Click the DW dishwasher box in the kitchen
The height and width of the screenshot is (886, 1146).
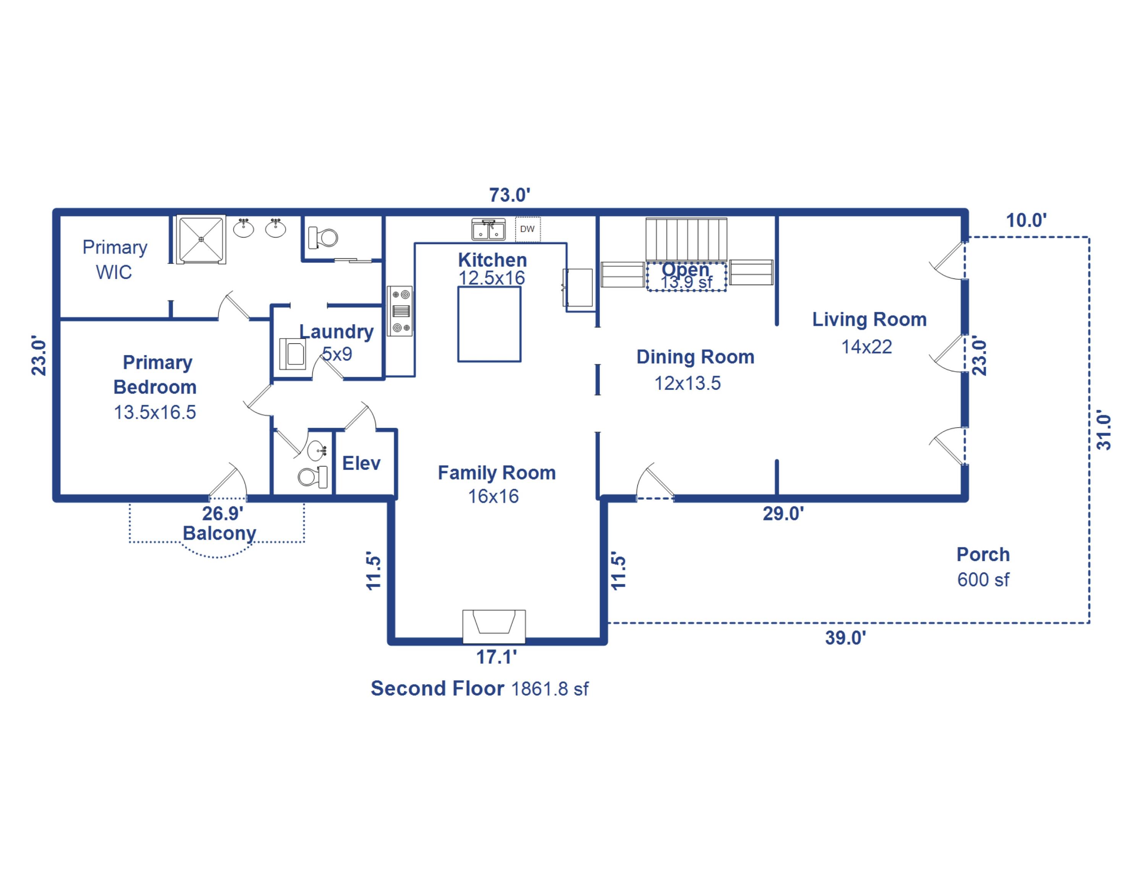(x=527, y=229)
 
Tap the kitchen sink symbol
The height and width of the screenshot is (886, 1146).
(x=489, y=230)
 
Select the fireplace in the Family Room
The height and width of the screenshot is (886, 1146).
(x=494, y=626)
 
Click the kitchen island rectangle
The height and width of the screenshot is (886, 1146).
(x=489, y=324)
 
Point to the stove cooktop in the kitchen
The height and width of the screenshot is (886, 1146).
(x=400, y=311)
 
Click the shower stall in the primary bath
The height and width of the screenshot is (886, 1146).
(x=201, y=239)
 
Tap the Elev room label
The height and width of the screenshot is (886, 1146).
(x=361, y=463)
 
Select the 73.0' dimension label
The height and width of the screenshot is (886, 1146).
(x=510, y=195)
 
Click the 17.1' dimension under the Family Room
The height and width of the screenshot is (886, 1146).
(x=496, y=657)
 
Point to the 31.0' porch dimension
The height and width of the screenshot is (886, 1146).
(x=1104, y=432)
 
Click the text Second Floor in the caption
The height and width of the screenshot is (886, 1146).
(x=437, y=688)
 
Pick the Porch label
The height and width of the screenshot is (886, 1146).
(x=983, y=554)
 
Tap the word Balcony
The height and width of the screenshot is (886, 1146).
(x=219, y=533)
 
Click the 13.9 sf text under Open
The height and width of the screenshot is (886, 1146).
(x=686, y=282)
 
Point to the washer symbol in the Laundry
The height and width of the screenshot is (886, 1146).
(x=293, y=354)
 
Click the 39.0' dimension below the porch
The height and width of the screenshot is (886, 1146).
(x=845, y=638)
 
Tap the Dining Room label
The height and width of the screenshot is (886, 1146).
(x=695, y=357)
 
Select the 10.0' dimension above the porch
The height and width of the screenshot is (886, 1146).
(x=1026, y=220)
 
